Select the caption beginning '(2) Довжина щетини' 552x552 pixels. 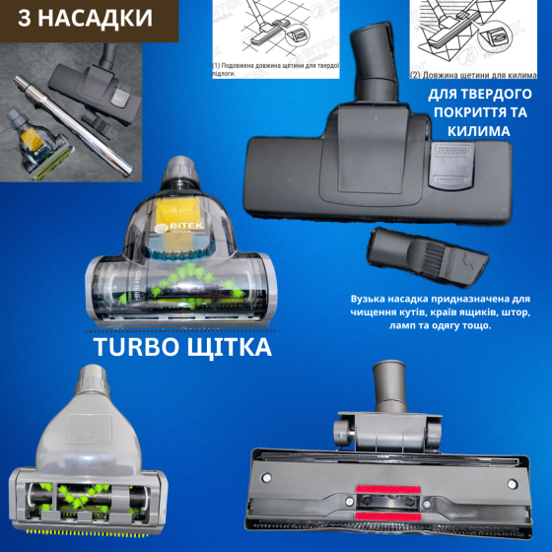pyautogui.click(x=473, y=75)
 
